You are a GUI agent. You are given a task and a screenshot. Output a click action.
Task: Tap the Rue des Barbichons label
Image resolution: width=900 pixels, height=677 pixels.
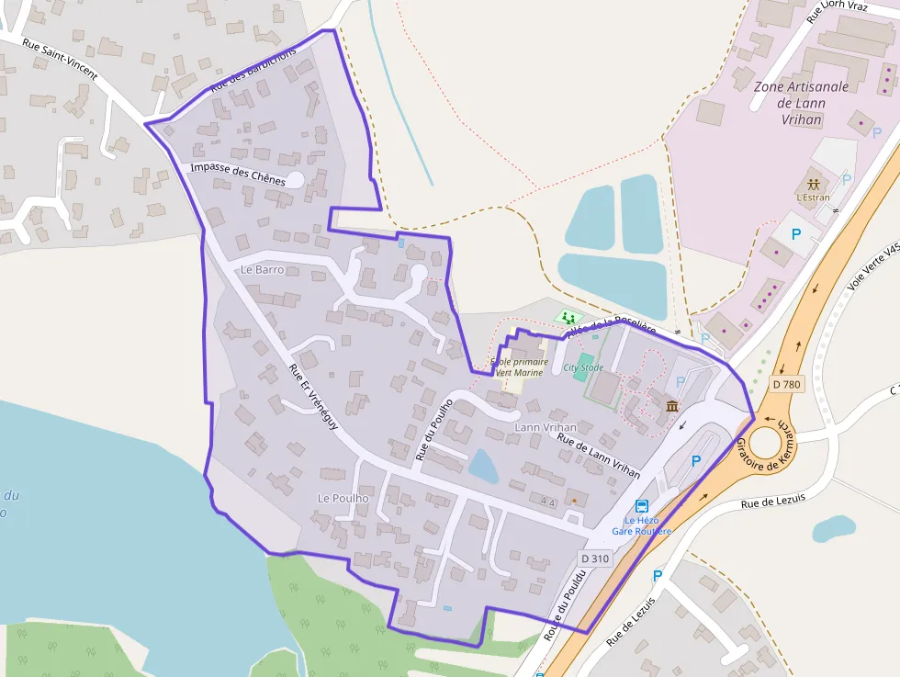point(253,70)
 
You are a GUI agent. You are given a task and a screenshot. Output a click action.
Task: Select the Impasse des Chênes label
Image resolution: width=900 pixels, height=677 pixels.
point(238,175)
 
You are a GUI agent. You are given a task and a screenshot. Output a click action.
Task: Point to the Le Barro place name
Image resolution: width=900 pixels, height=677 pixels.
point(262,270)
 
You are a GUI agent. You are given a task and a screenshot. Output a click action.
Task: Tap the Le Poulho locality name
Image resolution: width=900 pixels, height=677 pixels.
point(343,498)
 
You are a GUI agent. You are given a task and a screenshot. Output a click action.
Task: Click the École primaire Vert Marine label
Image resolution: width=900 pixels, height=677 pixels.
point(519,367)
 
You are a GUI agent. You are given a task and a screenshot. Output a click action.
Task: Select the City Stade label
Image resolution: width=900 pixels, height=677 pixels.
point(583,368)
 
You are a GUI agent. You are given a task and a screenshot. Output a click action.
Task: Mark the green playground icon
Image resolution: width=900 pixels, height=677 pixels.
point(569,317)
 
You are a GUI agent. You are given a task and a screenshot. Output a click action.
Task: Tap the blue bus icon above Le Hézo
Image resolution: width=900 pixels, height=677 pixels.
point(641,506)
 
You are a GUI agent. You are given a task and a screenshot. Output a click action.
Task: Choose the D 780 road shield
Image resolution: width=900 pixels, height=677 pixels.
point(788,383)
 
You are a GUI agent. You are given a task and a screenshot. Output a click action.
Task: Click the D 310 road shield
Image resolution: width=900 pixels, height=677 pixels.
point(595,558)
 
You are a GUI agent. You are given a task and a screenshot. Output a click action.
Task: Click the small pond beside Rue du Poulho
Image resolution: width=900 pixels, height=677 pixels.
point(482,466)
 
